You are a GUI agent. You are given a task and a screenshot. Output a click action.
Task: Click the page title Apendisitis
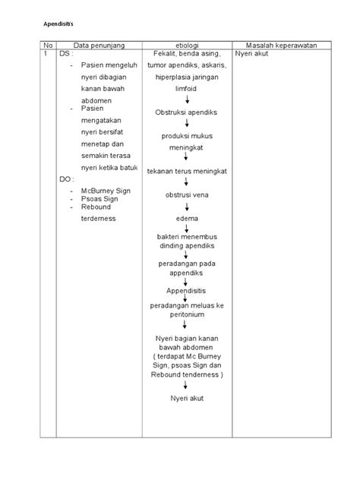[x=55, y=24]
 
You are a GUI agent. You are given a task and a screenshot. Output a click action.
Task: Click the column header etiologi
[x=186, y=46]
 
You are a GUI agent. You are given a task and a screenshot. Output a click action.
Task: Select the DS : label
[x=68, y=55]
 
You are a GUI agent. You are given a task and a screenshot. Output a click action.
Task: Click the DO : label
[x=68, y=179]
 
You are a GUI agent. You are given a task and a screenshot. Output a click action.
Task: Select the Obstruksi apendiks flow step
[x=186, y=112]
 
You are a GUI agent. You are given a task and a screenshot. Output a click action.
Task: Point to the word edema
[x=186, y=219]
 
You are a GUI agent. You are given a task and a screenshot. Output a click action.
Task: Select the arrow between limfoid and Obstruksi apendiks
[x=186, y=100]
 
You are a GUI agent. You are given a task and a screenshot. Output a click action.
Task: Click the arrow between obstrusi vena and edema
[x=186, y=207]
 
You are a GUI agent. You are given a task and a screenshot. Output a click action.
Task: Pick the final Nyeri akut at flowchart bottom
[x=186, y=397]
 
